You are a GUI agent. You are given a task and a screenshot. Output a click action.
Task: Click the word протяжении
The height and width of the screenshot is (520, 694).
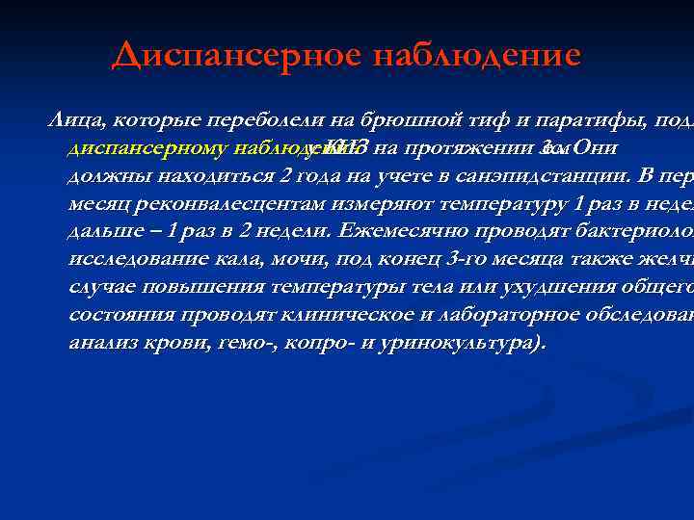pyautogui.click(x=465, y=149)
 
